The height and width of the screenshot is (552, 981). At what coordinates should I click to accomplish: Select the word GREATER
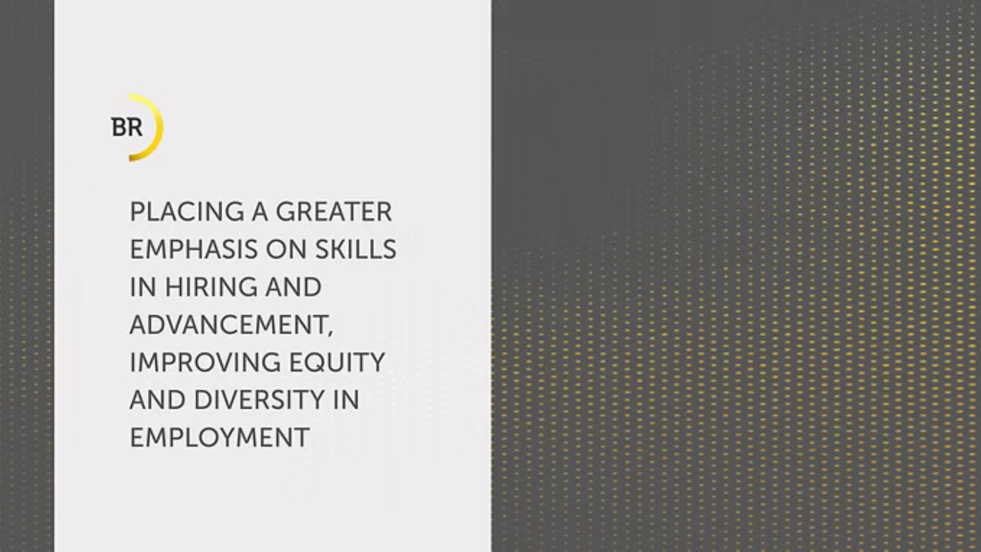333,212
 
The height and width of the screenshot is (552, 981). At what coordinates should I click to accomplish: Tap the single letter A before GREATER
259,212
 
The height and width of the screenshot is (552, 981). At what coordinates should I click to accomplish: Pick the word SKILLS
356,249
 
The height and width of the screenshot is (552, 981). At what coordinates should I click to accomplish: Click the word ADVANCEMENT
228,324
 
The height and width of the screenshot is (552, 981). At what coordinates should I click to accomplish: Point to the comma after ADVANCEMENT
330,333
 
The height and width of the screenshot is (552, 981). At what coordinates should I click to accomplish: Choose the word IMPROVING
205,363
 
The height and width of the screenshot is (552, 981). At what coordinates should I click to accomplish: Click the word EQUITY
337,363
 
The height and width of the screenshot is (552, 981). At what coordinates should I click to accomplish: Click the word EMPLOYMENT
220,438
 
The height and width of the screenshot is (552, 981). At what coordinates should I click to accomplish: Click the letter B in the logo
120,127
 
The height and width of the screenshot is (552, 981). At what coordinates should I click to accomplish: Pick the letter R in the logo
135,127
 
